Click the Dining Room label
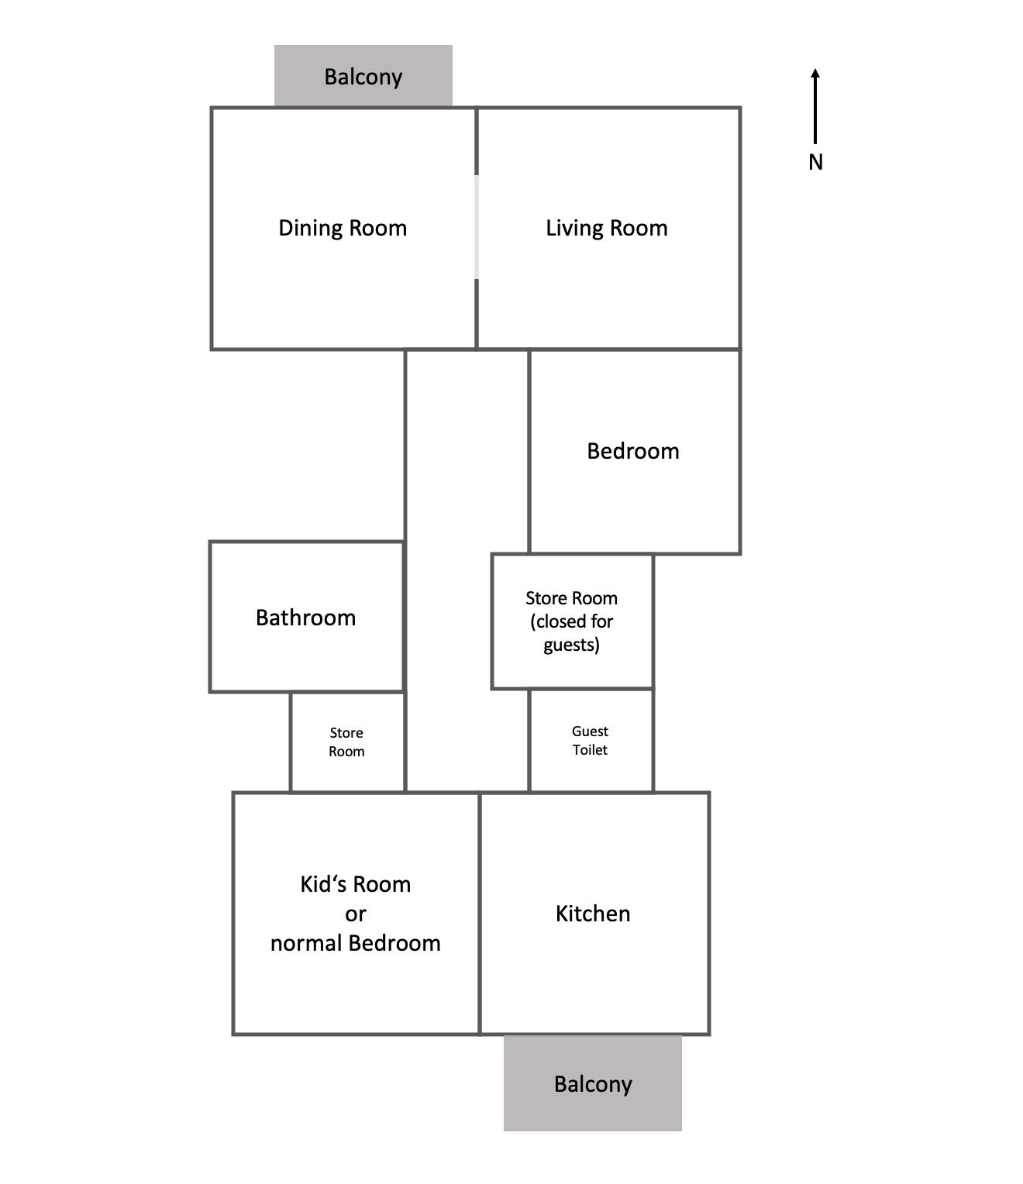pyautogui.click(x=343, y=228)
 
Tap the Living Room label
pyautogui.click(x=606, y=228)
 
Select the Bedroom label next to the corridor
pyautogui.click(x=632, y=451)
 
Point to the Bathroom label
pyautogui.click(x=305, y=618)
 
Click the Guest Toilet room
pyautogui.click(x=590, y=741)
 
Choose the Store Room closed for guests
pyautogui.click(x=571, y=621)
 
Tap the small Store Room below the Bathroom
pyautogui.click(x=346, y=742)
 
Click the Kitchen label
pyautogui.click(x=593, y=914)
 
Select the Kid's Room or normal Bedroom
pyautogui.click(x=355, y=914)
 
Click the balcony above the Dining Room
pyautogui.click(x=363, y=77)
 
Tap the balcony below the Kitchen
pyautogui.click(x=593, y=1083)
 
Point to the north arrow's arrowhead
pyautogui.click(x=815, y=74)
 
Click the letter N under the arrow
pyautogui.click(x=815, y=162)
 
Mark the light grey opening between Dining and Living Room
pyautogui.click(x=476, y=226)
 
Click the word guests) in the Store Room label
pyautogui.click(x=571, y=645)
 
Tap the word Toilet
pyautogui.click(x=590, y=750)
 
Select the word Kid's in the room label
pyautogui.click(x=324, y=884)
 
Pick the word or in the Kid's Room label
pyautogui.click(x=355, y=914)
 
